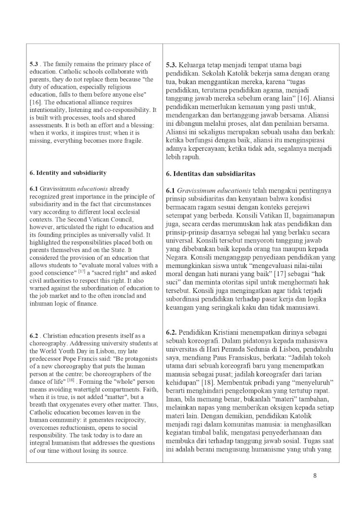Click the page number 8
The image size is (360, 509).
(x=315, y=476)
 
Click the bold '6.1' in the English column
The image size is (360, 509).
(x=34, y=189)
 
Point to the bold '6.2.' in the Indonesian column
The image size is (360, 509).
(x=174, y=332)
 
